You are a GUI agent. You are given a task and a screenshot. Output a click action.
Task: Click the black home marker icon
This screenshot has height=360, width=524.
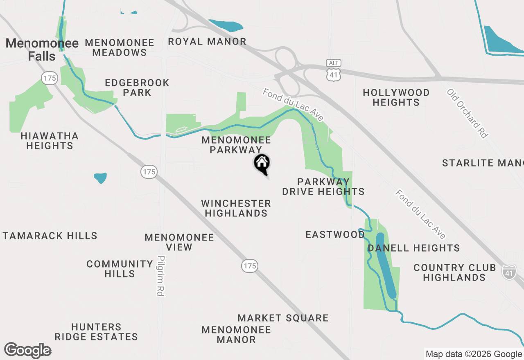pyautogui.click(x=262, y=163)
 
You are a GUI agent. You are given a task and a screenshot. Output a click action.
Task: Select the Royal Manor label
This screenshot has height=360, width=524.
pyautogui.click(x=207, y=41)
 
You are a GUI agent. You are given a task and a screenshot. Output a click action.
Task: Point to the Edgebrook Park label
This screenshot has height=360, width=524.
pyautogui.click(x=137, y=88)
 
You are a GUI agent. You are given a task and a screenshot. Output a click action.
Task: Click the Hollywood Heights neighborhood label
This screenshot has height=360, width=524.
pyautogui.click(x=396, y=97)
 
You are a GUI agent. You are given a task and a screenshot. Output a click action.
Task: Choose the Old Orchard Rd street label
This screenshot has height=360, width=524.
pyautogui.click(x=468, y=113)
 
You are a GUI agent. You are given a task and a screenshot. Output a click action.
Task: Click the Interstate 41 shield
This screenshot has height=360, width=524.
pyautogui.click(x=509, y=272)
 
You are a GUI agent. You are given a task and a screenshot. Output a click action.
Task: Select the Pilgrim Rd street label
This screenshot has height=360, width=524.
pyautogui.click(x=160, y=276)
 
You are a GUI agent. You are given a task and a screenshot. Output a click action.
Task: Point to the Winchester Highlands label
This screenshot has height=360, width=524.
pyautogui.click(x=236, y=208)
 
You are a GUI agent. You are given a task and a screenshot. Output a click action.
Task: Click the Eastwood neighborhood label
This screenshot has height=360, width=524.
pyautogui.click(x=335, y=234)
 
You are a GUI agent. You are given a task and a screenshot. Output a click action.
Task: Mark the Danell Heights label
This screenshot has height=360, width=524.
pyautogui.click(x=413, y=248)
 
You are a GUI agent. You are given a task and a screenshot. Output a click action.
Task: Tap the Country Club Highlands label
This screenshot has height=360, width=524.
pyautogui.click(x=454, y=272)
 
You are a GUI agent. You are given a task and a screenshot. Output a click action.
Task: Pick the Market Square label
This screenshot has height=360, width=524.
pyautogui.click(x=283, y=318)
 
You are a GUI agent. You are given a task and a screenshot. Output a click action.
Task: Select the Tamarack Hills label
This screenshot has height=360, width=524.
pyautogui.click(x=50, y=236)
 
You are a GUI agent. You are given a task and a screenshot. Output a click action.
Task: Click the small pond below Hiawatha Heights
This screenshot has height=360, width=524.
pyautogui.click(x=100, y=178)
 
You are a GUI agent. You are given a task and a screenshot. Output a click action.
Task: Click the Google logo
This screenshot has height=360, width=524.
pyautogui.click(x=28, y=351)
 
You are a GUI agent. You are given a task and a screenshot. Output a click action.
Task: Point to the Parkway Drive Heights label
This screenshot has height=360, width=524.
pyautogui.click(x=323, y=187)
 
